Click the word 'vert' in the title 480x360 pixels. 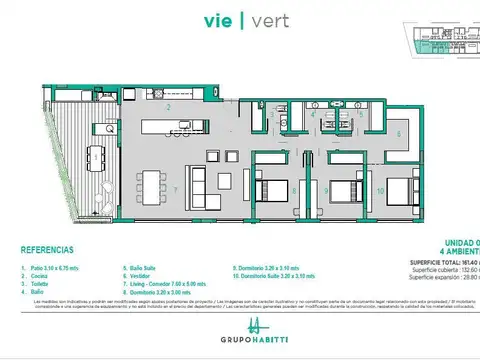(x=262, y=19)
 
